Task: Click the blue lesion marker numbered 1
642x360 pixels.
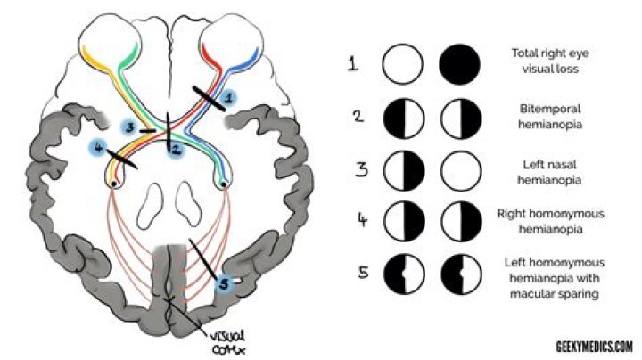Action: tap(228, 98)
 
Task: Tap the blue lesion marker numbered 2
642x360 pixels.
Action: tap(176, 150)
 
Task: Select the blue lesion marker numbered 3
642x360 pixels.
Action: tap(130, 127)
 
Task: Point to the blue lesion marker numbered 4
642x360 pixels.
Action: tap(98, 147)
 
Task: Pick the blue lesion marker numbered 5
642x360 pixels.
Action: tap(224, 283)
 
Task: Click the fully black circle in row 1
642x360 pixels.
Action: tap(459, 64)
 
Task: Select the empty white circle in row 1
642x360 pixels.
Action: tap(402, 64)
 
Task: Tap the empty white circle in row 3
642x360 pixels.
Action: tap(461, 171)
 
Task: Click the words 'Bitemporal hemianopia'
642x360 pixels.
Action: tap(550, 117)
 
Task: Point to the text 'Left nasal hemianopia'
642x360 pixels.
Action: tap(549, 172)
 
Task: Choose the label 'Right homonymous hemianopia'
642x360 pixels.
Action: tap(551, 221)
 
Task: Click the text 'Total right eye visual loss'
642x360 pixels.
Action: tap(550, 61)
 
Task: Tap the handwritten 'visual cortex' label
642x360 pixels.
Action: tap(228, 343)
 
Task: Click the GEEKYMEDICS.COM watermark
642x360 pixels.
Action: tap(594, 347)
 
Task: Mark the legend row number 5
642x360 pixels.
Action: tap(363, 273)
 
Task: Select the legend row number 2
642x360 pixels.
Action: tap(358, 116)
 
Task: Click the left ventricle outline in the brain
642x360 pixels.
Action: tap(150, 206)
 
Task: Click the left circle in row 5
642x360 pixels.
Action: tap(404, 274)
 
